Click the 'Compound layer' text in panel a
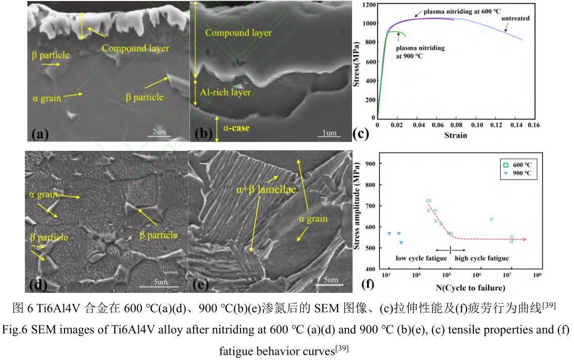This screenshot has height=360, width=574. [135, 49]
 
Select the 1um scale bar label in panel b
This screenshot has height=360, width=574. [329, 133]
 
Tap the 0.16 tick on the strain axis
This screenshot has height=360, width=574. [533, 126]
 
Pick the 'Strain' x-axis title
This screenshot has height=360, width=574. [456, 135]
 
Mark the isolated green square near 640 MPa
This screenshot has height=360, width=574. [491, 219]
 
